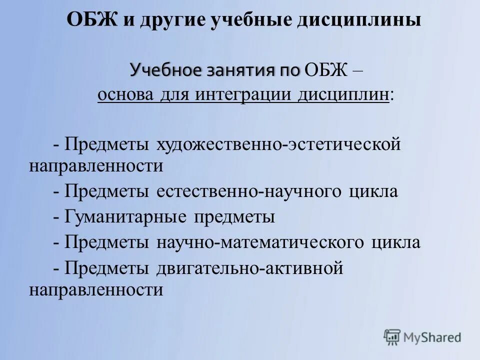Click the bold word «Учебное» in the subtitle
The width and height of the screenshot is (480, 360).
(163, 69)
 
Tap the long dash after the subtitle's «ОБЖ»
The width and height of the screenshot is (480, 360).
(357, 70)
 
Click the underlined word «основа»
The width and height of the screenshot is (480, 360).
(127, 94)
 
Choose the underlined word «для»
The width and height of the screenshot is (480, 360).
(173, 94)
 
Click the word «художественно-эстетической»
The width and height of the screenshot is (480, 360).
(279, 144)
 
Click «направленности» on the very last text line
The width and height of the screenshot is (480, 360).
(96, 290)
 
